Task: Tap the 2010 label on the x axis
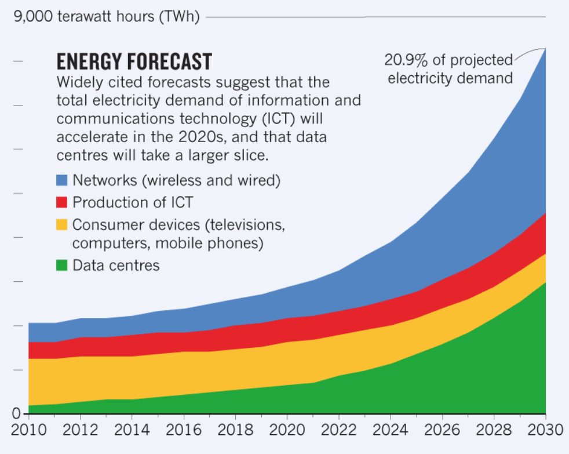[x=28, y=430]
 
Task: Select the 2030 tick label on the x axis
[x=545, y=430]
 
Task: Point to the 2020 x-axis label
[x=287, y=430]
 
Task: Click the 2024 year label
[x=390, y=430]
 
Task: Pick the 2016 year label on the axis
[x=183, y=430]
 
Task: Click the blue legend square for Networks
[x=62, y=180]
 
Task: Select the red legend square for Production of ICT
[x=62, y=202]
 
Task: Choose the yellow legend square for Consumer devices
[x=62, y=224]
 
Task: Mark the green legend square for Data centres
[x=62, y=266]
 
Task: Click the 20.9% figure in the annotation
[x=406, y=60]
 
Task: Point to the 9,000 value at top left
[x=33, y=17]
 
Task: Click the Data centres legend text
[x=116, y=266]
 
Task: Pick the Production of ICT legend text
[x=133, y=202]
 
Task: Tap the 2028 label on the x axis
[x=494, y=430]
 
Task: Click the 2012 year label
[x=80, y=430]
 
